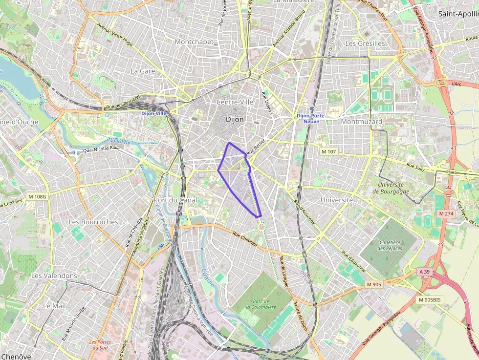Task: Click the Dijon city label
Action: (x=235, y=119)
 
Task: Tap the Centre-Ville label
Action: (x=235, y=102)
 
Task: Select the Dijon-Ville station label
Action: (x=154, y=113)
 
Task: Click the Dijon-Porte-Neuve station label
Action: (x=308, y=118)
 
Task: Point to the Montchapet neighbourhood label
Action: (x=194, y=42)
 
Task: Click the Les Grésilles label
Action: (x=365, y=43)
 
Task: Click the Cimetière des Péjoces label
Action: (x=389, y=245)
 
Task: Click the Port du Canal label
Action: (x=175, y=200)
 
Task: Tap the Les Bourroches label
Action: (x=93, y=222)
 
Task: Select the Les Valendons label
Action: (x=54, y=275)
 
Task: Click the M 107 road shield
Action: (x=329, y=152)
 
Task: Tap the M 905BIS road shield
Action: (x=431, y=299)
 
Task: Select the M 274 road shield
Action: (x=446, y=213)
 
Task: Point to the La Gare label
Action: (x=143, y=71)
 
